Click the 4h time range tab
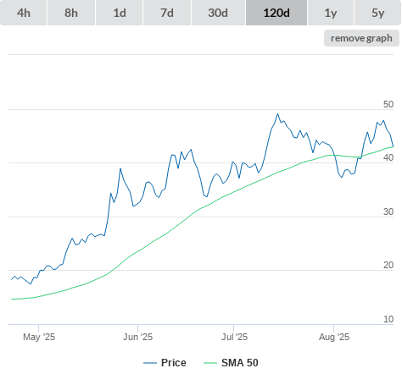tap(24, 13)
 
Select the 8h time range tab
tap(71, 13)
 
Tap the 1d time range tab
tap(120, 13)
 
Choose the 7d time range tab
tap(167, 13)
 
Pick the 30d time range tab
tap(218, 13)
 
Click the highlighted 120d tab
tap(276, 13)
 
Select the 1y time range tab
tap(331, 13)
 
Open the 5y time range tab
tap(378, 13)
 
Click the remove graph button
tap(361, 38)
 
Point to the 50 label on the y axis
tap(388, 104)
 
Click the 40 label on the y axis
tap(388, 157)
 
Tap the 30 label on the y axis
tap(388, 212)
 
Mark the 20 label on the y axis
tap(388, 265)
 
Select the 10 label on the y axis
tap(388, 319)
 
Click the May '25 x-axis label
tap(39, 337)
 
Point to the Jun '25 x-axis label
tap(137, 337)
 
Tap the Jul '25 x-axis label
tap(234, 337)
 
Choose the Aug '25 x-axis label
tap(334, 337)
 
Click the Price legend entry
tap(165, 363)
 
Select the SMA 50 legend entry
tap(231, 363)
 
